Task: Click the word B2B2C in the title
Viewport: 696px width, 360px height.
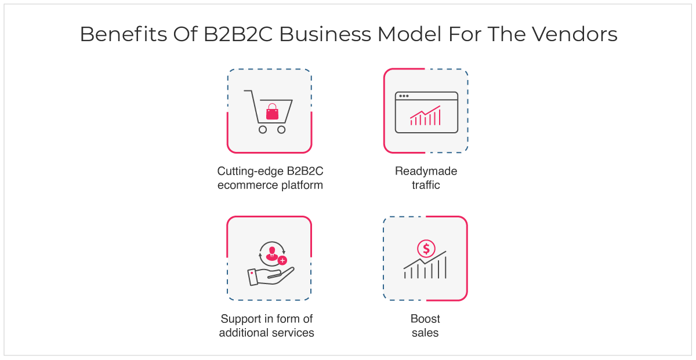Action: pyautogui.click(x=238, y=34)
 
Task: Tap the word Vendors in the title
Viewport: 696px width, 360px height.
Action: pyautogui.click(x=574, y=34)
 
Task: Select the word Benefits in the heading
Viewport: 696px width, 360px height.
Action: pyautogui.click(x=124, y=34)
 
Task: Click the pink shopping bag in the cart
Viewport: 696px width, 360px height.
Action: pyautogui.click(x=272, y=111)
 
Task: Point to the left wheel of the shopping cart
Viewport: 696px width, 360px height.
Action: pyautogui.click(x=263, y=129)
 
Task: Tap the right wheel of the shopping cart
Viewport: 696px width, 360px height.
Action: pyautogui.click(x=281, y=129)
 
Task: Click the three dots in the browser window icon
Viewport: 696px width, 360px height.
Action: pyautogui.click(x=404, y=96)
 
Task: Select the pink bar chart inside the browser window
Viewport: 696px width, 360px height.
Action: pyautogui.click(x=425, y=115)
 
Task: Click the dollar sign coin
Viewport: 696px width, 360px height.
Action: pyautogui.click(x=426, y=249)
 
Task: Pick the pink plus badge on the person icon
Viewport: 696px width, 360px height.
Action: pyautogui.click(x=282, y=261)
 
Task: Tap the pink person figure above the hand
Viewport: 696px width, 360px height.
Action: pyautogui.click(x=272, y=253)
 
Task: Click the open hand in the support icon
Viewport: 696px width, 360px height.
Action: pyautogui.click(x=271, y=277)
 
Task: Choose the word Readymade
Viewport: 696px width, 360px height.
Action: pyautogui.click(x=426, y=171)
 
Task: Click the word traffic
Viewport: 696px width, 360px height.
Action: pyautogui.click(x=426, y=185)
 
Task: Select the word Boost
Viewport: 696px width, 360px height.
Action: pyautogui.click(x=425, y=319)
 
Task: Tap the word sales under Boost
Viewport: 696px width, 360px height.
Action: pyautogui.click(x=425, y=333)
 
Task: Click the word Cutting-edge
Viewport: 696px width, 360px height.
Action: pyautogui.click(x=250, y=172)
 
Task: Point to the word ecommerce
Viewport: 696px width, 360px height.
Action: pyautogui.click(x=248, y=186)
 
